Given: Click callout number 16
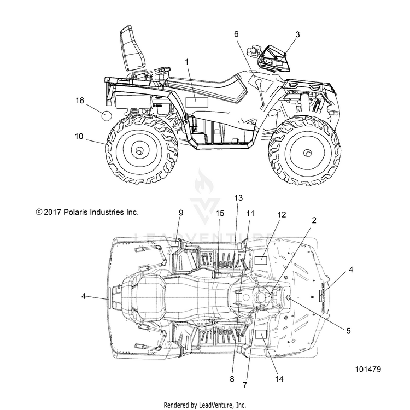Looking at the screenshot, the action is tap(80, 101).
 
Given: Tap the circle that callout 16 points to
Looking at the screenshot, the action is tap(107, 116).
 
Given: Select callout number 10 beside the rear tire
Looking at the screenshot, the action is tap(79, 136).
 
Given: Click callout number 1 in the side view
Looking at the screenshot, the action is tap(187, 62).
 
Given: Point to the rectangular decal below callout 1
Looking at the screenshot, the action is tap(197, 102).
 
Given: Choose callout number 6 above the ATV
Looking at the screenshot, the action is tap(236, 34).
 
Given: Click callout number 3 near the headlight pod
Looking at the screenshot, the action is tap(297, 34).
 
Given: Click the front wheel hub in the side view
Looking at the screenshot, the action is tap(307, 153).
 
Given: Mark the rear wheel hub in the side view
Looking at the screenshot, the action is tap(139, 150).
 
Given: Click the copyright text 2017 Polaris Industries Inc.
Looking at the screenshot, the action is tap(87, 212).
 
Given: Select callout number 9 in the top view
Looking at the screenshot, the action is tap(181, 213).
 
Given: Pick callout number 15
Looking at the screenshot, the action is tap(220, 213).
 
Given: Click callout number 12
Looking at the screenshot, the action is tap(282, 214).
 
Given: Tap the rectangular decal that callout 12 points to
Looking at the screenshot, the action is tap(261, 260).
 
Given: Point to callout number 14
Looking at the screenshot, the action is tap(279, 379).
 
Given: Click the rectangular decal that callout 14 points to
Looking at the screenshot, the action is tap(261, 334).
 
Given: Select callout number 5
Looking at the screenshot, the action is tap(348, 331).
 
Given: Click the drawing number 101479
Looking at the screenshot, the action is tap(368, 369).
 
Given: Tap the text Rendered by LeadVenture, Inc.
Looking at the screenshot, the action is tap(205, 405).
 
